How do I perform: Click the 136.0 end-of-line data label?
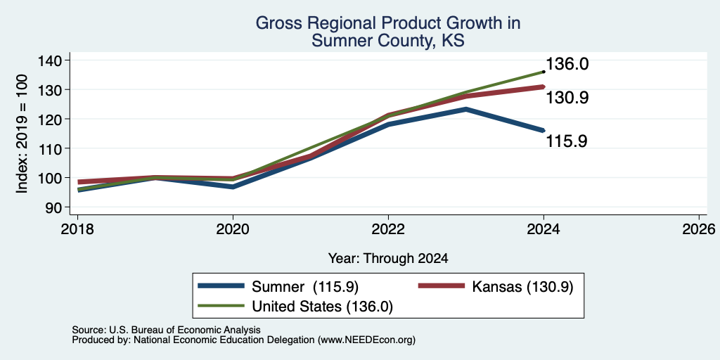point(567,64)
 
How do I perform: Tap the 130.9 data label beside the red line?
point(567,97)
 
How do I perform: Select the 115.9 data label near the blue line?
point(567,141)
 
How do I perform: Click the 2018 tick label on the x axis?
point(77,229)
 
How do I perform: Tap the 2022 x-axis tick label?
point(388,229)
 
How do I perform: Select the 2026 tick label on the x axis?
point(699,229)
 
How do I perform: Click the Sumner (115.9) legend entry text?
point(305,287)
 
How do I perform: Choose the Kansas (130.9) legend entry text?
point(522,287)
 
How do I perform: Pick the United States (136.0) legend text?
point(322,307)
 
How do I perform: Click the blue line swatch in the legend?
point(220,286)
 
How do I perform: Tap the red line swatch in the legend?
point(441,286)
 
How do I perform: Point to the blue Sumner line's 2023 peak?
point(466,109)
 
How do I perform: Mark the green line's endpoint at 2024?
point(544,72)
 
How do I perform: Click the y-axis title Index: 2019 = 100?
point(22,134)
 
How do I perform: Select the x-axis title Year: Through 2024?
point(388,259)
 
